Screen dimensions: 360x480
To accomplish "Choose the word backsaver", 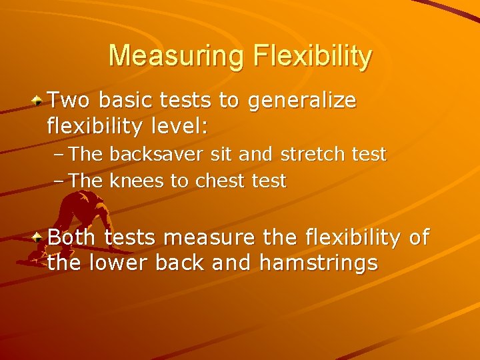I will [150, 155].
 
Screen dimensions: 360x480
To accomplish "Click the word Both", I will [73, 237].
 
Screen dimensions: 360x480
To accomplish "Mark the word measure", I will [206, 237].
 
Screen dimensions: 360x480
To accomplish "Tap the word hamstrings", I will [318, 264].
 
